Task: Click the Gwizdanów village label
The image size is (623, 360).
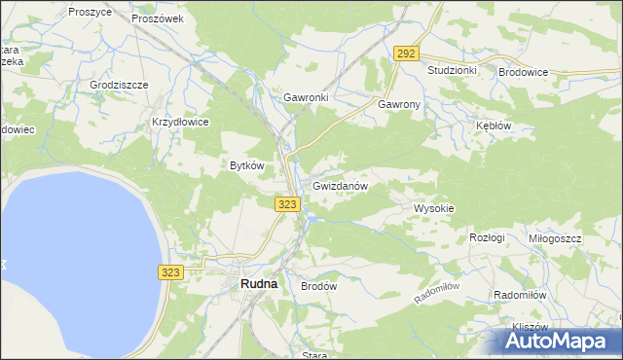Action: pos(340,185)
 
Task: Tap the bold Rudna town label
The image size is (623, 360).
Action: pos(258,283)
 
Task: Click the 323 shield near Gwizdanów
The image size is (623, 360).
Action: pos(287,203)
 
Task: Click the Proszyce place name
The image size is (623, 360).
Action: pos(91,12)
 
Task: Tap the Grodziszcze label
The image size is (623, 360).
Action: pos(119,85)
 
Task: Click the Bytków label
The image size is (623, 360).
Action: pos(246,165)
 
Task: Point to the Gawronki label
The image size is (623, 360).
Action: pos(306,98)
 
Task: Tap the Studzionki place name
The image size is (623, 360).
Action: pos(452,71)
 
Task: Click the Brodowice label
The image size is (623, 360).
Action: pos(524,72)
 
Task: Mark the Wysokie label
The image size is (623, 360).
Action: pos(434,208)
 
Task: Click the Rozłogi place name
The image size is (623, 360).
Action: pos(487,237)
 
